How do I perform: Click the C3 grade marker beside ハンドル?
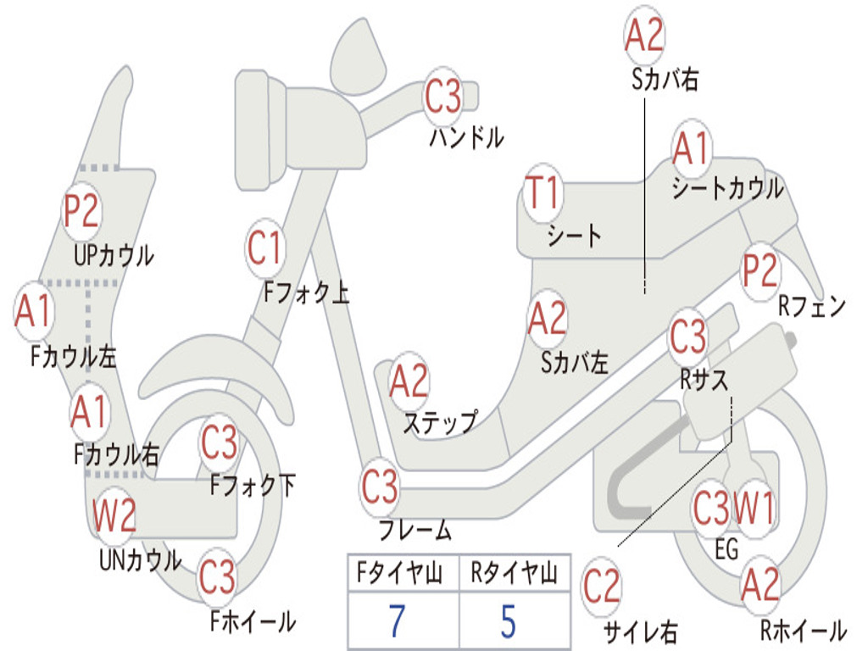[443, 97]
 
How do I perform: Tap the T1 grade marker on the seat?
[542, 193]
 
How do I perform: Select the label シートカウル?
[727, 189]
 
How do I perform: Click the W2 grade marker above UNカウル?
[114, 516]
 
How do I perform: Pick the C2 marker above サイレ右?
[602, 587]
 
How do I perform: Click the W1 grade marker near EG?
[753, 509]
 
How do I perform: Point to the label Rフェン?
[812, 307]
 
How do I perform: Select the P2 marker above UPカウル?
[81, 210]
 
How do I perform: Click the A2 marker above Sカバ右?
[644, 36]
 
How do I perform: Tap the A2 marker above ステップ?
[409, 382]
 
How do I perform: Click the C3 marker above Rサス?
[687, 337]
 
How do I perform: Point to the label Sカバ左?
[574, 363]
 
